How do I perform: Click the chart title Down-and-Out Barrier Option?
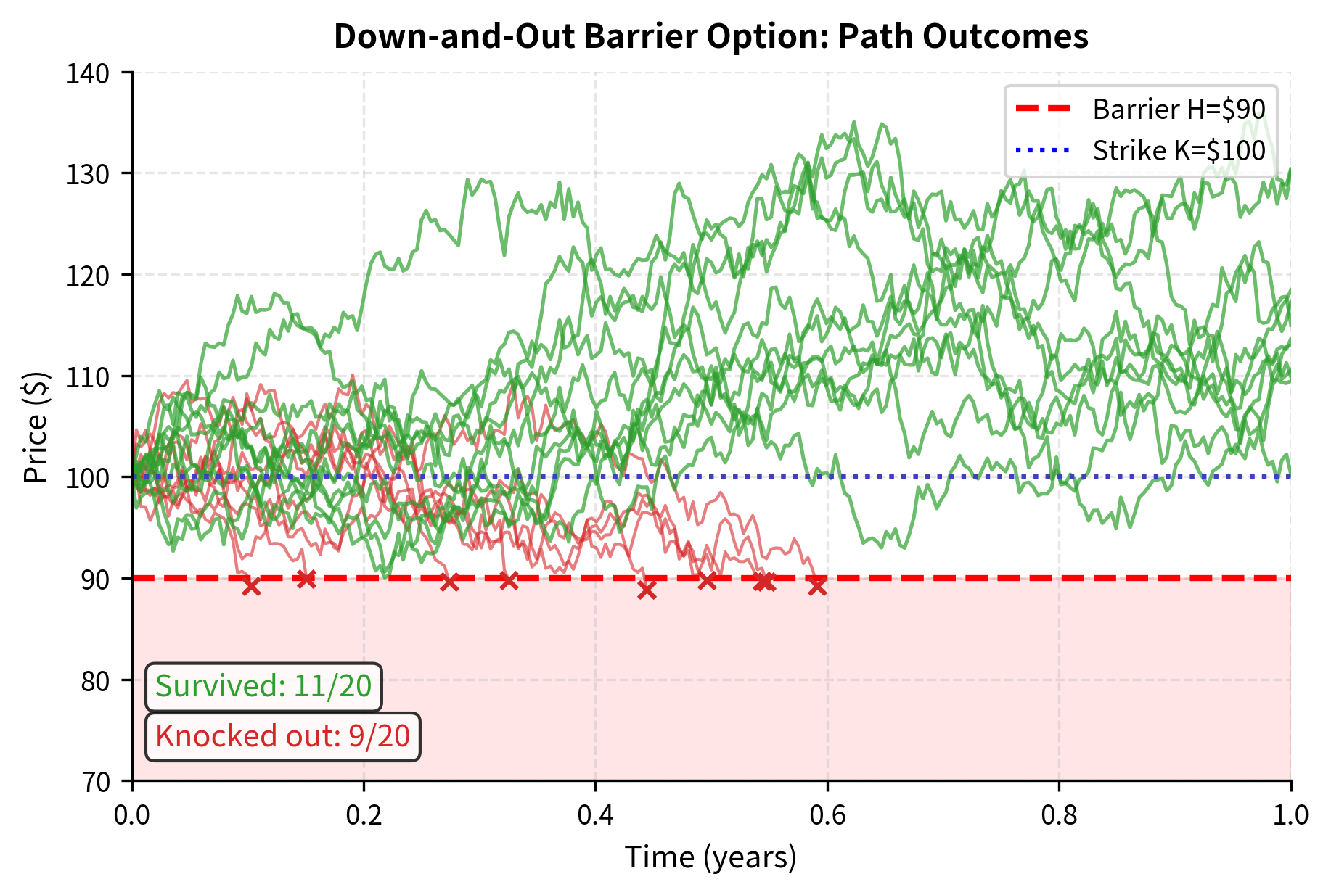click(x=710, y=36)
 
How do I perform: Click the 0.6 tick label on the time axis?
click(x=827, y=815)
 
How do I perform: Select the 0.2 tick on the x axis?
click(x=364, y=815)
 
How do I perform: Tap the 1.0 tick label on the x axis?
click(x=1290, y=815)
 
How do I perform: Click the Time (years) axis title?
click(x=710, y=857)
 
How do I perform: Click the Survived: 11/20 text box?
click(x=263, y=686)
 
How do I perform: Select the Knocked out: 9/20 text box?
click(x=282, y=736)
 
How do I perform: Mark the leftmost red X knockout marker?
click(x=251, y=586)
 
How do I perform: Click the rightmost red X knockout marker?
click(x=817, y=586)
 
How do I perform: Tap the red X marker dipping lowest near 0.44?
click(x=647, y=591)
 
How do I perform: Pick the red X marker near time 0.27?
click(x=450, y=582)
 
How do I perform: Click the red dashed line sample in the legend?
click(x=1043, y=109)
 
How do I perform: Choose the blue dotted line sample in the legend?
click(x=1043, y=150)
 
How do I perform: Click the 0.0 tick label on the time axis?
click(x=132, y=815)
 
